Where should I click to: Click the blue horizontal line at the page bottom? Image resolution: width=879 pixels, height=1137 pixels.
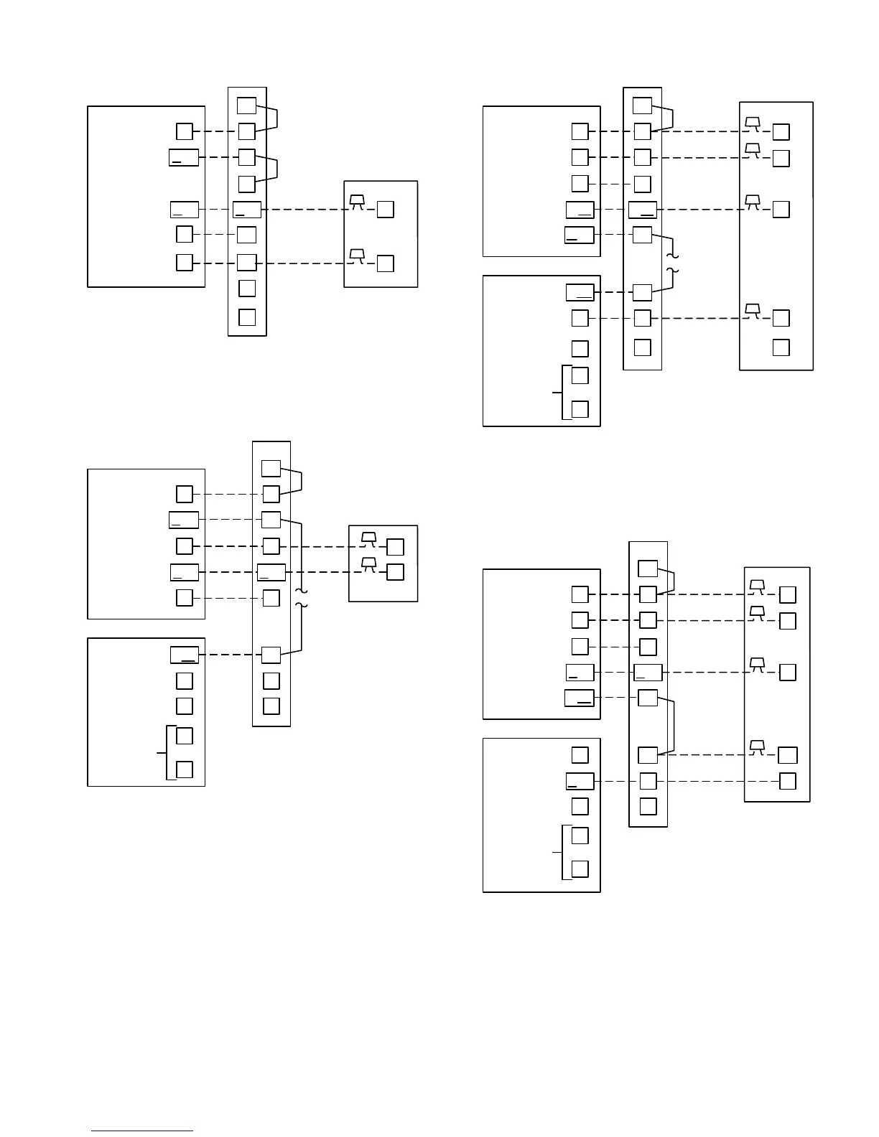click(x=142, y=1131)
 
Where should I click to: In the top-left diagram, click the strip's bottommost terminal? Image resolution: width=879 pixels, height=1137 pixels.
click(x=246, y=317)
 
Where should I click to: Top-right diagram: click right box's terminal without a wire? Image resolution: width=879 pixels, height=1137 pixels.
click(x=781, y=347)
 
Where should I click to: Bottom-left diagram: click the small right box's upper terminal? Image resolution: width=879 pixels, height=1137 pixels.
click(x=395, y=547)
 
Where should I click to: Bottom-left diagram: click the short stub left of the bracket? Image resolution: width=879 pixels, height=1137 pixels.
click(x=161, y=752)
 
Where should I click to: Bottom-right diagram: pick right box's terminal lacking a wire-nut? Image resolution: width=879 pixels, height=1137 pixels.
click(x=788, y=781)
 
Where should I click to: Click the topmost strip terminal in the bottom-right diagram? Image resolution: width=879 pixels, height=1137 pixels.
click(x=648, y=568)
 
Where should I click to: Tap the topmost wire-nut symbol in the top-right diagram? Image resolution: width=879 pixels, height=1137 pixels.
click(x=753, y=123)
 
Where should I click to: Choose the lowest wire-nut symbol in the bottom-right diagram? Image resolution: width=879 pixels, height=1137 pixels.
click(x=757, y=747)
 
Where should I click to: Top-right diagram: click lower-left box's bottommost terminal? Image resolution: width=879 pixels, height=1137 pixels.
click(x=580, y=409)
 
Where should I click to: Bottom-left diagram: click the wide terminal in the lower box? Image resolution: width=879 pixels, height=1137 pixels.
click(x=184, y=655)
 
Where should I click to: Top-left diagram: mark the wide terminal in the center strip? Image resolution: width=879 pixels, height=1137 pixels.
click(x=247, y=210)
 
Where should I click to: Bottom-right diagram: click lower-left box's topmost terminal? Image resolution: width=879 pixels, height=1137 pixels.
click(x=580, y=755)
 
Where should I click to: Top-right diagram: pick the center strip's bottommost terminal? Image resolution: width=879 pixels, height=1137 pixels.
click(x=642, y=347)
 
